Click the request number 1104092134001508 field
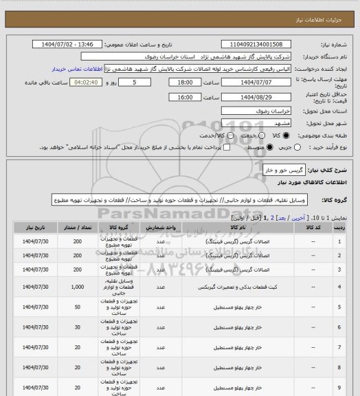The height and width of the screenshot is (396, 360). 264,44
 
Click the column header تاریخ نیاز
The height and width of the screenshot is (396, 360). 32,225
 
